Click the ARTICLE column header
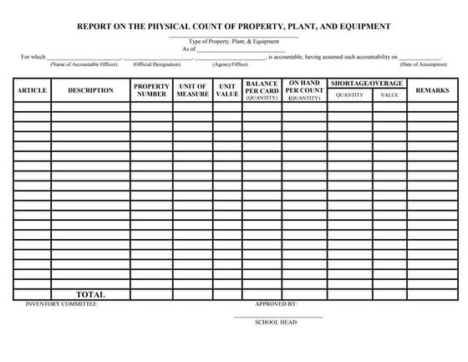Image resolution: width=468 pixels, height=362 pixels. coord(32,90)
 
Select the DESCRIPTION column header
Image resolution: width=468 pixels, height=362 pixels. coord(90,90)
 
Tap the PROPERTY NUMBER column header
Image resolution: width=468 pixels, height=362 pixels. coord(151,90)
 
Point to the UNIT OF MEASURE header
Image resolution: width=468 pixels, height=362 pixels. coord(192,90)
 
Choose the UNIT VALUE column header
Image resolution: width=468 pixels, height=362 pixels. coord(226,90)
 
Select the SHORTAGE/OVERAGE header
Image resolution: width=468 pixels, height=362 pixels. coord(367,84)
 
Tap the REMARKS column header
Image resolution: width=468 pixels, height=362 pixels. coord(432,90)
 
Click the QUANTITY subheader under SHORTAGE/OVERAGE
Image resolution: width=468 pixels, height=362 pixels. coord(349,95)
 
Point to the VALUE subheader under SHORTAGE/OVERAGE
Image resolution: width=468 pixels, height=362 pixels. coord(389,95)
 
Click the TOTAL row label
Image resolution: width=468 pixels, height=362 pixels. coord(90,294)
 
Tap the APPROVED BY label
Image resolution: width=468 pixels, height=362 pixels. coord(276,304)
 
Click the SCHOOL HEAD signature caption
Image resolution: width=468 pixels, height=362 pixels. coord(276,322)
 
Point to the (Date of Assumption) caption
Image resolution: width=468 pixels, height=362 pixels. coord(423,64)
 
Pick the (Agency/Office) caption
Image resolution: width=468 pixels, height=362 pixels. coord(229,64)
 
